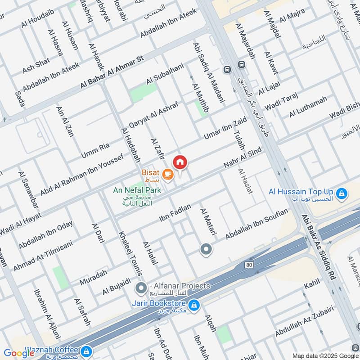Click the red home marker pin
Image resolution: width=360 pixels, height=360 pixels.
tap(180, 162)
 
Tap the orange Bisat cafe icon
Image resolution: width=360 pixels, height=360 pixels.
tap(168, 173)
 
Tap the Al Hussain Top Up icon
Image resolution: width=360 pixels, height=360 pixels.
tap(342, 193)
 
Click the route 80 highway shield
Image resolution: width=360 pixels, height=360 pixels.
tap(249, 265)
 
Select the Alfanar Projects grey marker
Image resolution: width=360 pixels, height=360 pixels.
tap(142, 287)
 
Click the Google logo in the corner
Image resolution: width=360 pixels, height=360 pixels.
tap(19, 353)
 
